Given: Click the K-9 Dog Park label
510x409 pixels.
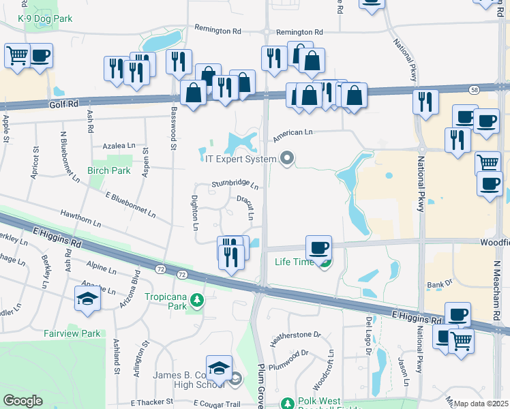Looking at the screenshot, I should point(45,19).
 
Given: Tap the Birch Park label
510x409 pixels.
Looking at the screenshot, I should point(108,170).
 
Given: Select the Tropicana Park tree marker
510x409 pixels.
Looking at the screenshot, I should point(198,299).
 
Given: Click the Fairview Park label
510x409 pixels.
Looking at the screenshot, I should point(72,333).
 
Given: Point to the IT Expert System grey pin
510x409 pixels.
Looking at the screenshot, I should point(287,159).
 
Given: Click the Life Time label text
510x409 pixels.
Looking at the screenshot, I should point(295,262).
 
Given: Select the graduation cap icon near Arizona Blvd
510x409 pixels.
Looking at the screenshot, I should point(87,298).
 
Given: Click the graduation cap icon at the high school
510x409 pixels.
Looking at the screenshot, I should point(220,369).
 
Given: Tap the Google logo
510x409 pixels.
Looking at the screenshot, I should point(22,401).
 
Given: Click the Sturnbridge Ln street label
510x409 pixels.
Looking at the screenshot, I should point(235,184).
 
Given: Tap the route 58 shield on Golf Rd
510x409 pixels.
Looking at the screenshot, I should point(473,89).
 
